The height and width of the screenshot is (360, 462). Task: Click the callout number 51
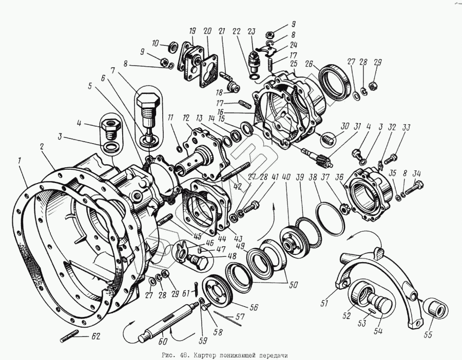point(324,304)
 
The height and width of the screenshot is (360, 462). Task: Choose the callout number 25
point(293,64)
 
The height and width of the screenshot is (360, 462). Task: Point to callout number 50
point(293,285)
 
